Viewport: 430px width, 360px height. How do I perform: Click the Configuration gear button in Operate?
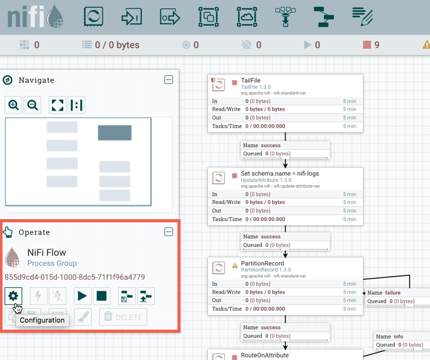(x=13, y=296)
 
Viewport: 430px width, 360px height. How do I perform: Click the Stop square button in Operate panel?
(x=102, y=296)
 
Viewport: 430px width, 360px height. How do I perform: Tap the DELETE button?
(x=124, y=317)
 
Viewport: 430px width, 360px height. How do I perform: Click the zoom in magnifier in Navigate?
(x=14, y=105)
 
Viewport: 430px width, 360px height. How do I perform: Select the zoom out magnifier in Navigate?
(x=33, y=105)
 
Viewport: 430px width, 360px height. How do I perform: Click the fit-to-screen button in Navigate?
(x=57, y=105)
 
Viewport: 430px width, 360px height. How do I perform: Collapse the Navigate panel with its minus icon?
(x=169, y=80)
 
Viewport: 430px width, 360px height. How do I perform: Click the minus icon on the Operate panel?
(x=169, y=232)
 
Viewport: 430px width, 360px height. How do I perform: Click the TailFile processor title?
(x=251, y=80)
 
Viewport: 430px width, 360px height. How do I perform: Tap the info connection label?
(x=398, y=337)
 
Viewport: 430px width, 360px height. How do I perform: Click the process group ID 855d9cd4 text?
(x=75, y=277)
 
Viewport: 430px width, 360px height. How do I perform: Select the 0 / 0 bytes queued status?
(x=117, y=45)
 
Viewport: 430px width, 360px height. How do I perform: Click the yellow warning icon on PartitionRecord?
(x=235, y=265)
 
